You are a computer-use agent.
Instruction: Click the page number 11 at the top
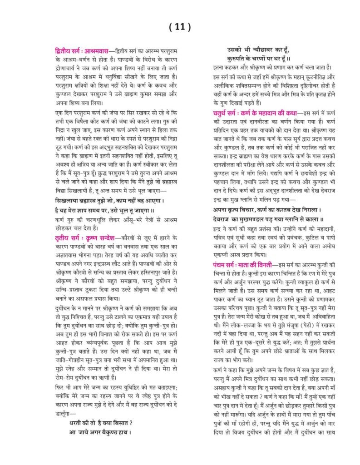pyautogui.click(x=179, y=27)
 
